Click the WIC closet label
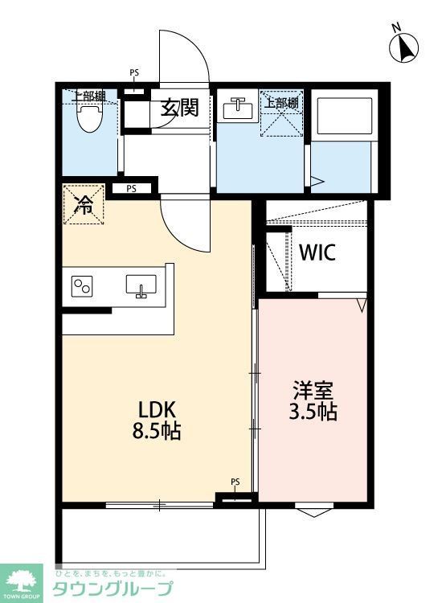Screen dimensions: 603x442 click(x=317, y=252)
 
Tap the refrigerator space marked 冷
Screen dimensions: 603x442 click(x=84, y=205)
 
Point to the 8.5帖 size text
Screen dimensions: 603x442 click(x=157, y=431)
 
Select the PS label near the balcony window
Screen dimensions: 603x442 click(x=235, y=482)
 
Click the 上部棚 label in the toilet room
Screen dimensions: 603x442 click(x=88, y=96)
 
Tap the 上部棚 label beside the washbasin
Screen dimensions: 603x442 click(x=282, y=102)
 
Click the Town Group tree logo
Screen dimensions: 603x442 click(x=23, y=580)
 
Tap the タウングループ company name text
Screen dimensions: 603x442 click(x=113, y=589)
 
